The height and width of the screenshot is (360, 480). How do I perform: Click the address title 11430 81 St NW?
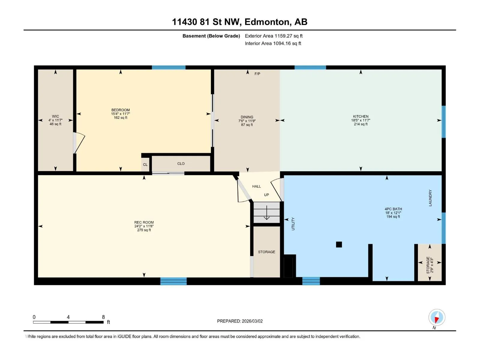click(206, 22)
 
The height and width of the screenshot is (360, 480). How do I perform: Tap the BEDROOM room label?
click(121, 110)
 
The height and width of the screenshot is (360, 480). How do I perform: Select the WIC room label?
click(55, 116)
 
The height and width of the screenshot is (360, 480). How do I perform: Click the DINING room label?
click(247, 117)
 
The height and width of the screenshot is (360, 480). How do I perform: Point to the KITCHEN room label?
click(361, 116)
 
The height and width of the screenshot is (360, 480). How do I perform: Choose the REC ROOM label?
click(144, 222)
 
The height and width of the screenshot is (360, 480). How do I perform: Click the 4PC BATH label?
click(393, 209)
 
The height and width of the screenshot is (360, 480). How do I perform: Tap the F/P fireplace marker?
click(257, 74)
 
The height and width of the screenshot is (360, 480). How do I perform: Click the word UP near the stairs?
click(266, 195)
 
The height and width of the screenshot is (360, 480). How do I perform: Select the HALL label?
click(256, 186)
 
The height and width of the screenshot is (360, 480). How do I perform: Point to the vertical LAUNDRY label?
click(430, 198)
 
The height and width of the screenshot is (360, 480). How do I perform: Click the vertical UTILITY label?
click(293, 224)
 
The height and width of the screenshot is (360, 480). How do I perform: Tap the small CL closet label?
click(145, 165)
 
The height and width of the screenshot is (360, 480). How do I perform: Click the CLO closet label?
click(181, 164)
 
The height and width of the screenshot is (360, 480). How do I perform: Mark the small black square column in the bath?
click(339, 244)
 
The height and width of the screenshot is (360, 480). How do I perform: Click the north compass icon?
click(436, 317)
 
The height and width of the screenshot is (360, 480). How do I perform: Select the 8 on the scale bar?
click(103, 317)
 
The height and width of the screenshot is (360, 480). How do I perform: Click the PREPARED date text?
click(240, 321)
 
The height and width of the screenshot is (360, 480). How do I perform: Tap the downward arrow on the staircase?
click(267, 213)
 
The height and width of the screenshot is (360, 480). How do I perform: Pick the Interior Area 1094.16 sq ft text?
click(273, 43)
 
